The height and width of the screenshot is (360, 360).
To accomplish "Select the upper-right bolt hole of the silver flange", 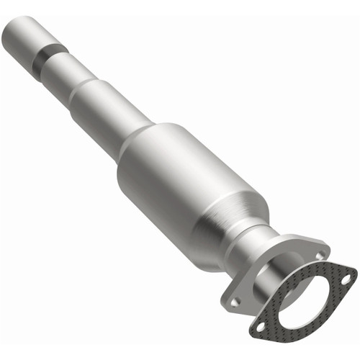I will (x=317, y=252).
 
